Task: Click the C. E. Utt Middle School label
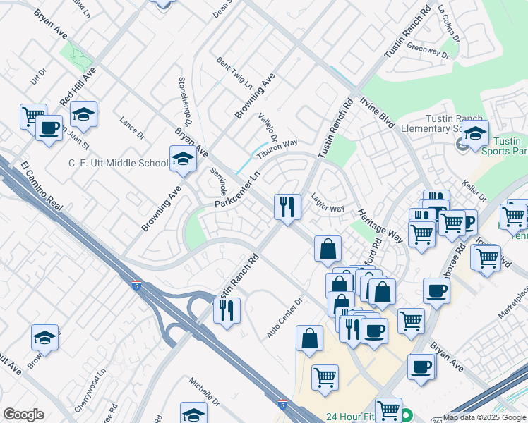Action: point(119,163)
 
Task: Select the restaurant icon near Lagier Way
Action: point(287,207)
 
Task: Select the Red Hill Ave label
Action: point(78,88)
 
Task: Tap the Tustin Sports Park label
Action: point(503,145)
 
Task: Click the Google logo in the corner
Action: point(23,415)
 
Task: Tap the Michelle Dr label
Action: point(205,392)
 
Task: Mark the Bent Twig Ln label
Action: point(234,71)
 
